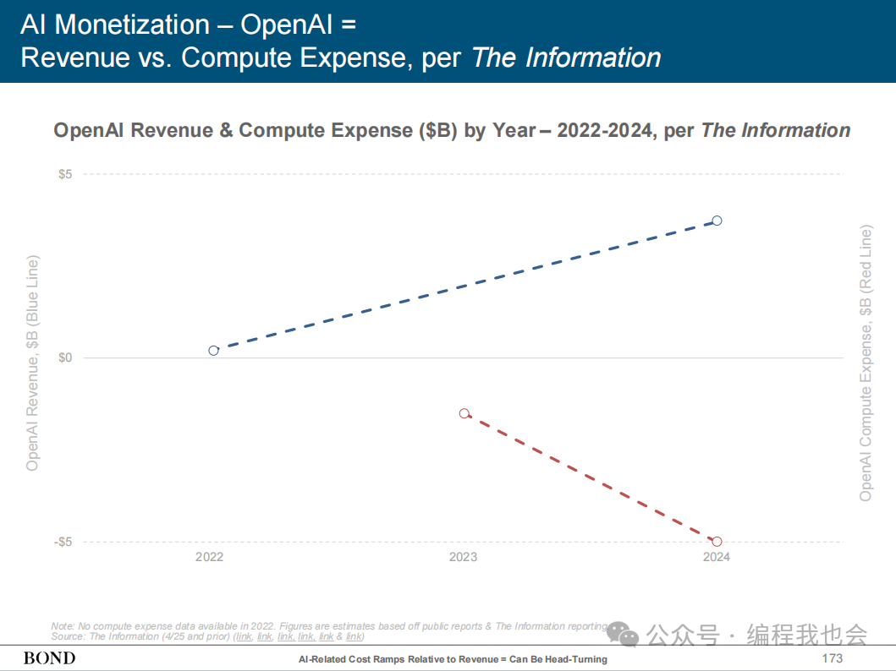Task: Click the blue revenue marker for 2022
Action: [213, 351]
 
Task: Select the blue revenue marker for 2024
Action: [717, 221]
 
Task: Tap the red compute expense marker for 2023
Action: [464, 413]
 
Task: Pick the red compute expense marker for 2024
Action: [717, 542]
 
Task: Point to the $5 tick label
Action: [64, 174]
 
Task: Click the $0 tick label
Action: [64, 358]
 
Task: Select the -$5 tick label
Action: [63, 542]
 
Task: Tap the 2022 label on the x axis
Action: [209, 557]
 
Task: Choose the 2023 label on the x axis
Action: [463, 557]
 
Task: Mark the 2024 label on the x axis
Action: [716, 557]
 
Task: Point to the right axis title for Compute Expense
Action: [866, 363]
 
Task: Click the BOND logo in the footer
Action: [49, 658]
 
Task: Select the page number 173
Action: [833, 658]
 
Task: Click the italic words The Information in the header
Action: [566, 57]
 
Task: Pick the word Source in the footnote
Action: [68, 636]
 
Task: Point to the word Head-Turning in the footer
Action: [576, 659]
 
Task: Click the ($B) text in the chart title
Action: [439, 130]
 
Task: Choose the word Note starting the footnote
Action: [63, 626]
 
